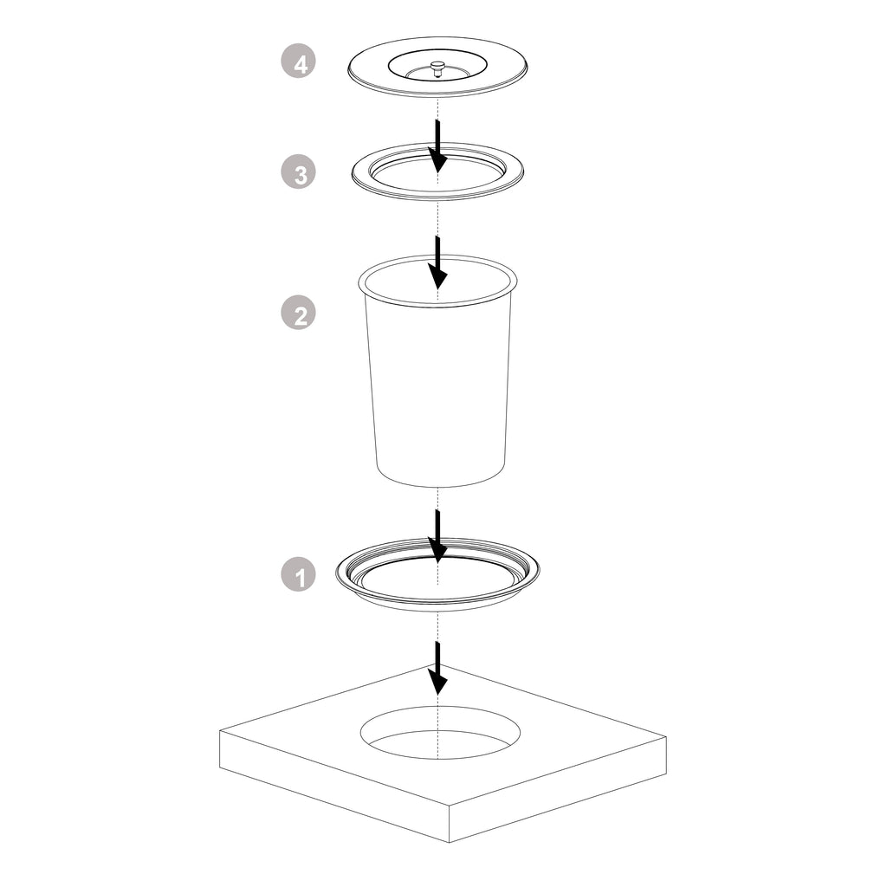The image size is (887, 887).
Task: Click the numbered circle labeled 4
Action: click(x=298, y=62)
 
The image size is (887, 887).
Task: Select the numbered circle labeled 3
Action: click(x=298, y=172)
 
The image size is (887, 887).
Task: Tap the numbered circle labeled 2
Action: click(x=298, y=313)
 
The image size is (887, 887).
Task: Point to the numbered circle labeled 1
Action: click(x=298, y=575)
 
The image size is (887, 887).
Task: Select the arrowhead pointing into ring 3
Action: click(x=437, y=160)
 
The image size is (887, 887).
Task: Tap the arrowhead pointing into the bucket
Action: click(x=437, y=277)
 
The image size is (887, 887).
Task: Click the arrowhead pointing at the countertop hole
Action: click(x=437, y=683)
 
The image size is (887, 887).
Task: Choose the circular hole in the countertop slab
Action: click(x=440, y=732)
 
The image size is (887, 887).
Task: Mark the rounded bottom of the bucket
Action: click(x=440, y=478)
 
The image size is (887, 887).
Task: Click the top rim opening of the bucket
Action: click(x=437, y=282)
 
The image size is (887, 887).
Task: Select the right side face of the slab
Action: click(x=558, y=790)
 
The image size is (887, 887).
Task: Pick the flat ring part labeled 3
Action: click(x=437, y=170)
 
